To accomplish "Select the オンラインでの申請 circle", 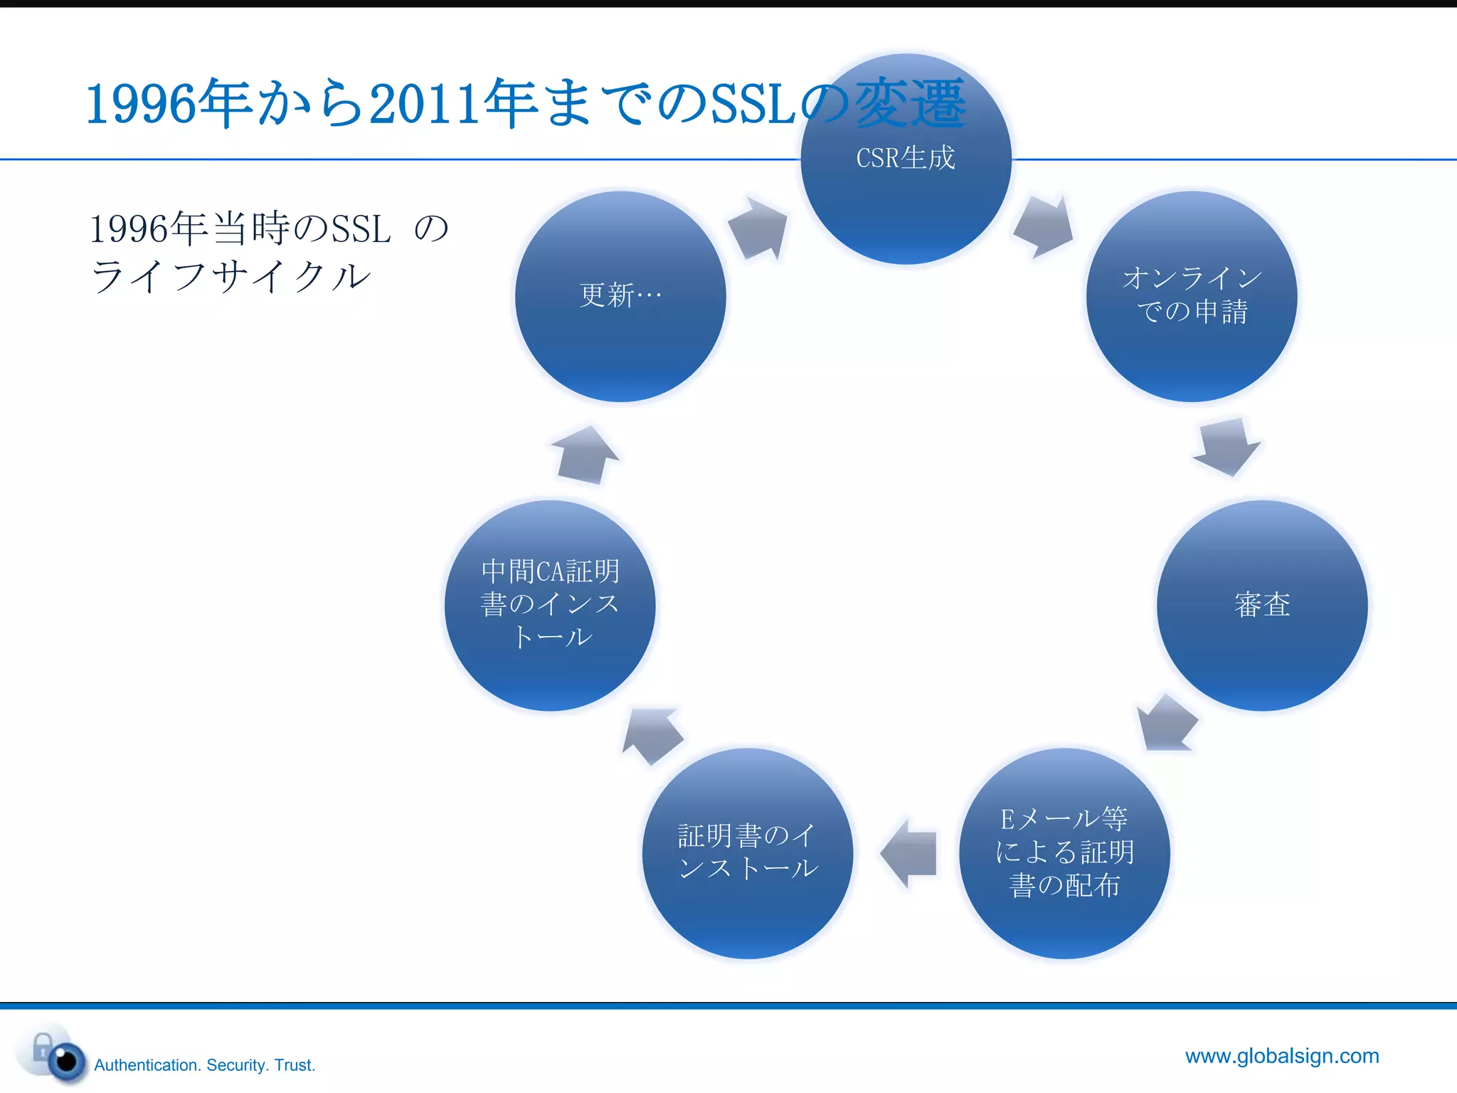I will pyautogui.click(x=1192, y=296).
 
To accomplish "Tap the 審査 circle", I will pyautogui.click(x=1262, y=605).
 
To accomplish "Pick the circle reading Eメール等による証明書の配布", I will pyautogui.click(x=1064, y=852).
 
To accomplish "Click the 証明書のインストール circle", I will pyautogui.click(x=747, y=852).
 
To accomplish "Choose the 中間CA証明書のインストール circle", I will pyautogui.click(x=550, y=605).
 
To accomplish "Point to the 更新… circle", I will pyautogui.click(x=620, y=296).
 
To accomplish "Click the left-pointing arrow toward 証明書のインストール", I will pyautogui.click(x=909, y=852).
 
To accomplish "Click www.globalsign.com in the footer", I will pyautogui.click(x=1282, y=1055).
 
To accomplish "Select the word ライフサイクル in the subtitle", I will pyautogui.click(x=231, y=276).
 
